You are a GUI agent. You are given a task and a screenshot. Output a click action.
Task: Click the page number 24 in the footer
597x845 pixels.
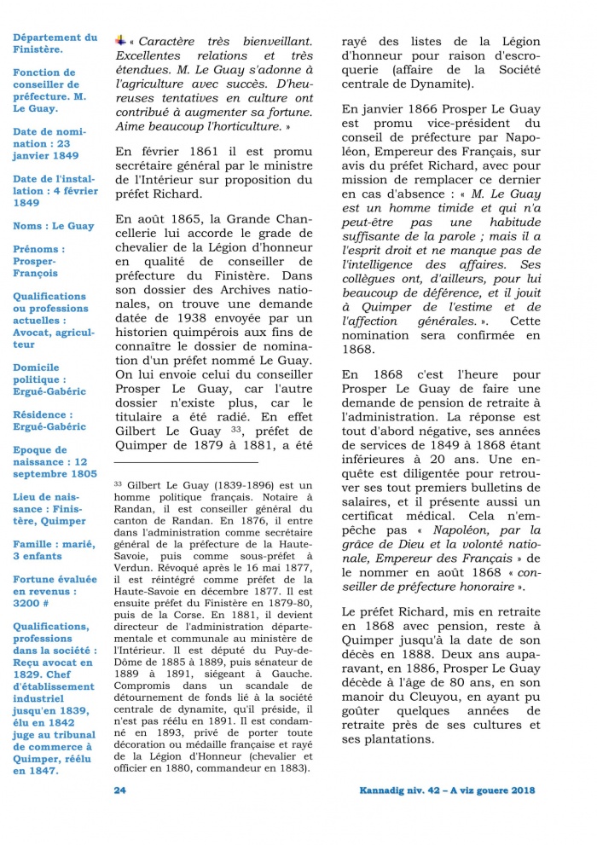click(x=119, y=790)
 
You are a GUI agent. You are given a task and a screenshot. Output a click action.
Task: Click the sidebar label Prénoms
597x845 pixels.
click(x=37, y=249)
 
